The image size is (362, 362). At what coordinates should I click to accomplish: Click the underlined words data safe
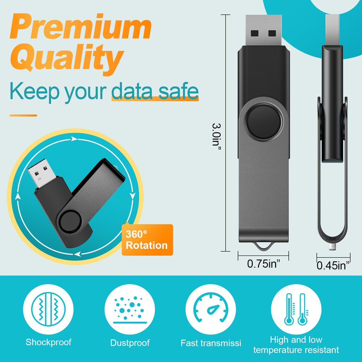155,91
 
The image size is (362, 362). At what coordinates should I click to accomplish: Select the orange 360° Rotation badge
147,240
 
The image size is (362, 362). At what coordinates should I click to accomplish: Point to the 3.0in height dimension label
216,137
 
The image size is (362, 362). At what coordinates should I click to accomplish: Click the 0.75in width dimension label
263,264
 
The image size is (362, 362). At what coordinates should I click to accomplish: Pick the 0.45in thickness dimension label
333,265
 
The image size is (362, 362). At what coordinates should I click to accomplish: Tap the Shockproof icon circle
48,310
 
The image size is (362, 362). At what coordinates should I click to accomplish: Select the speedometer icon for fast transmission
211,310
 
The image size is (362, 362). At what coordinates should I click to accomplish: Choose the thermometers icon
296,310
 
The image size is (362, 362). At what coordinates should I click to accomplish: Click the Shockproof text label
49,342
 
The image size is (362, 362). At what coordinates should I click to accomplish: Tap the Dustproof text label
130,343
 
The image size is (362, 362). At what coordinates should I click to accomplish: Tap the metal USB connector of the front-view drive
264,30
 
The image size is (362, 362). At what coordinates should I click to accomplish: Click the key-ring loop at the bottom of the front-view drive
264,247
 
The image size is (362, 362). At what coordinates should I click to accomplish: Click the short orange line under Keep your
23,115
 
